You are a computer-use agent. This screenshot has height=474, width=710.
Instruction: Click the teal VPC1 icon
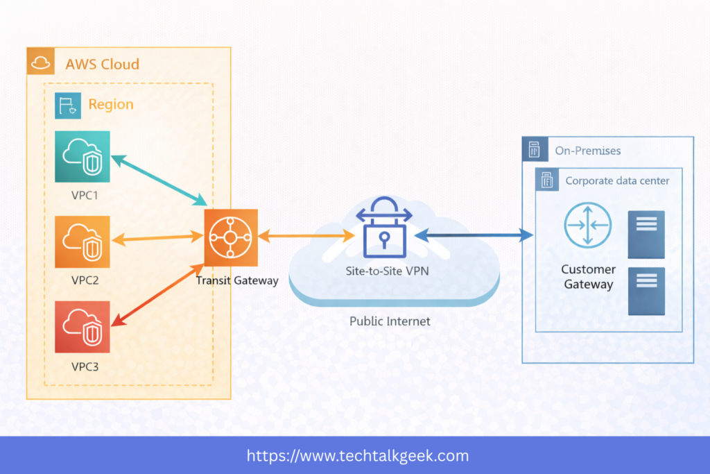[x=83, y=158]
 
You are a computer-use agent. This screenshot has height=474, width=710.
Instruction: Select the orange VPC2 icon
[x=83, y=242]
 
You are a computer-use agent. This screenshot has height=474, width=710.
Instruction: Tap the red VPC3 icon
[x=83, y=327]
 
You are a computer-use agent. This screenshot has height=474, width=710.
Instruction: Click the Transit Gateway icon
[x=231, y=237]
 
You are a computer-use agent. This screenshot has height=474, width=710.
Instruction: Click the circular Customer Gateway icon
[x=588, y=225]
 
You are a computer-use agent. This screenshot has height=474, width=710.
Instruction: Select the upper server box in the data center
[x=646, y=234]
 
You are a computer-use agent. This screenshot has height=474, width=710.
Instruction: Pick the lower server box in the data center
[x=646, y=291]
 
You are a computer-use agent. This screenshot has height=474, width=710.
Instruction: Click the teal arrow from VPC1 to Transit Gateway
[x=159, y=180]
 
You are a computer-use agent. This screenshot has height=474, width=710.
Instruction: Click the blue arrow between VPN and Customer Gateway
[x=475, y=237]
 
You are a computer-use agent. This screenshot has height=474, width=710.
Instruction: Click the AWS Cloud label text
[x=102, y=65]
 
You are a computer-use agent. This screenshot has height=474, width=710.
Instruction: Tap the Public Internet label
[x=390, y=321]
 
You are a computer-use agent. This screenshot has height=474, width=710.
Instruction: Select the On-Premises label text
[x=587, y=151]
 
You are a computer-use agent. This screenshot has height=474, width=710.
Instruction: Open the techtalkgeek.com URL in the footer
[x=358, y=456]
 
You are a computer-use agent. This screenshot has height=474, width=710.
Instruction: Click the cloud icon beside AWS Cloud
[x=41, y=63]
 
